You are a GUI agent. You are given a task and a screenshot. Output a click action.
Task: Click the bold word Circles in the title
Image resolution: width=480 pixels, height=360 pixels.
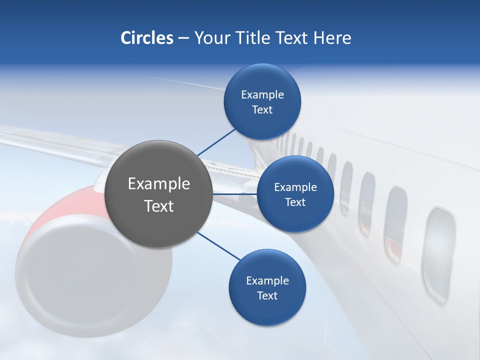[x=146, y=38]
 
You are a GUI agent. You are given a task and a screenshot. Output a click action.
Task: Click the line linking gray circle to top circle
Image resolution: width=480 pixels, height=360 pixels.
[x=216, y=142]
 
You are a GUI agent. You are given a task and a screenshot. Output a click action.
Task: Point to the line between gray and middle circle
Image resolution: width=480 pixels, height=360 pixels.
[x=235, y=193]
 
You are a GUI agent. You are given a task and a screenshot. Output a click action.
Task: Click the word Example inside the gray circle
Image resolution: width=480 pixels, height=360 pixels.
[x=158, y=184]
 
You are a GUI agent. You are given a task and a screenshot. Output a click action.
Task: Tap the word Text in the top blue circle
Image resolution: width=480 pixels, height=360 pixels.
[x=262, y=110]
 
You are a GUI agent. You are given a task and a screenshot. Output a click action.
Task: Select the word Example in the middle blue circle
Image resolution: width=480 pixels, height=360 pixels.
[x=295, y=187]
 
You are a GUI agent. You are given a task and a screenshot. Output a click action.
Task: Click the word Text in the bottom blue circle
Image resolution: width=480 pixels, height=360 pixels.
[x=267, y=295]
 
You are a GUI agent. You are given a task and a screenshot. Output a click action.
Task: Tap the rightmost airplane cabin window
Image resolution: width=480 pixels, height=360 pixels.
[x=438, y=255]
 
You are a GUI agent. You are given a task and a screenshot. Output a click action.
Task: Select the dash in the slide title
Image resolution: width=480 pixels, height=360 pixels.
[x=183, y=38]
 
